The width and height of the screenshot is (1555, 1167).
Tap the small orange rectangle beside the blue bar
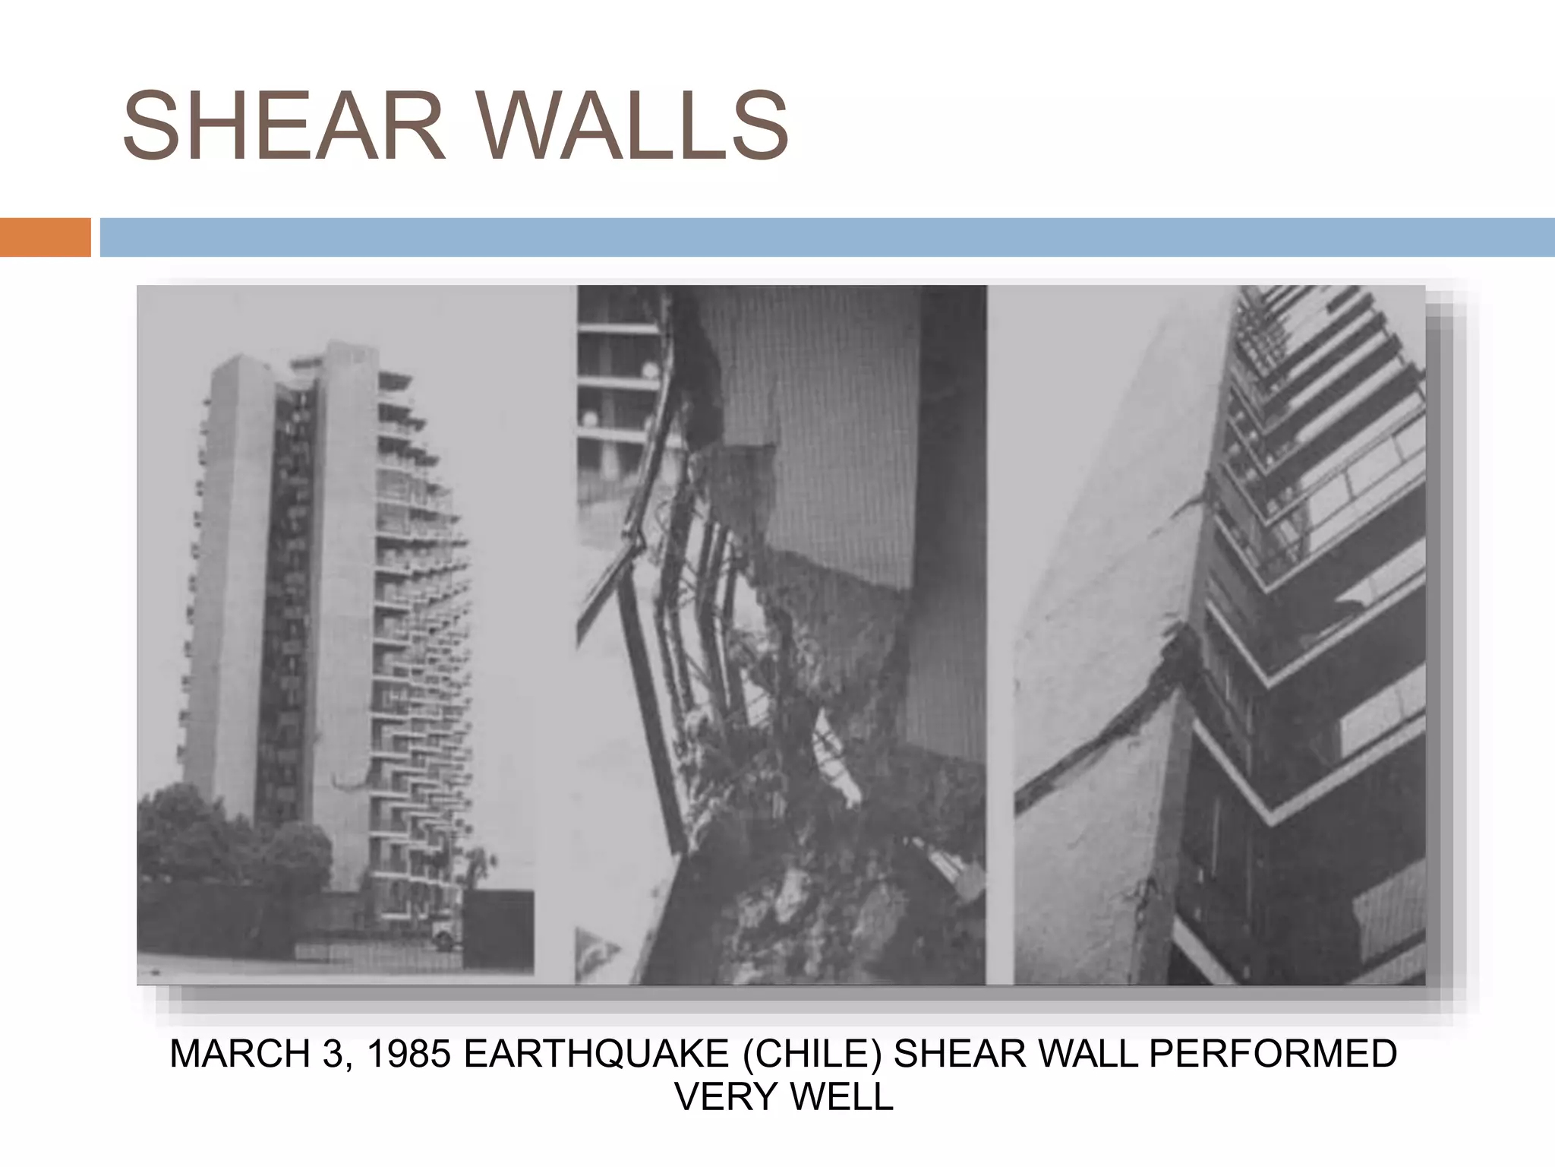tap(45, 237)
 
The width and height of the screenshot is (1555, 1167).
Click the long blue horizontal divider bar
tap(827, 237)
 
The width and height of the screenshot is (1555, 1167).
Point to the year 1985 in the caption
tap(408, 1055)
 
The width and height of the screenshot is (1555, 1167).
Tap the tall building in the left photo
tap(334, 608)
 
